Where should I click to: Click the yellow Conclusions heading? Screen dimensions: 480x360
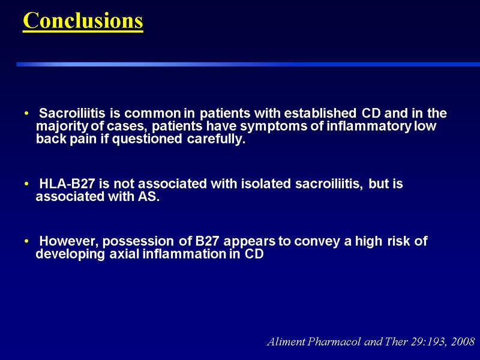click(x=83, y=20)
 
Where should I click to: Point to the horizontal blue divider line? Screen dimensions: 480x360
click(x=248, y=64)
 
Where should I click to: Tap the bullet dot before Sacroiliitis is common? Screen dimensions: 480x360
click(x=26, y=113)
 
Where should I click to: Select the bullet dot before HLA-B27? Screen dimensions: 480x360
click(x=26, y=184)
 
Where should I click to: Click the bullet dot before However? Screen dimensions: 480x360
click(x=26, y=241)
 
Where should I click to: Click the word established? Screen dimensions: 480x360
click(x=320, y=113)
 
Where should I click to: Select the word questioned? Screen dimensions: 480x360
click(x=147, y=139)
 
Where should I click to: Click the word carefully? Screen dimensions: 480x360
click(x=217, y=139)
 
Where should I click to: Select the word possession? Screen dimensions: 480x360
click(x=138, y=242)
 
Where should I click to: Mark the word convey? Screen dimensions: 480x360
click(x=317, y=242)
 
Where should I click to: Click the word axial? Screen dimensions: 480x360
click(x=124, y=254)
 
